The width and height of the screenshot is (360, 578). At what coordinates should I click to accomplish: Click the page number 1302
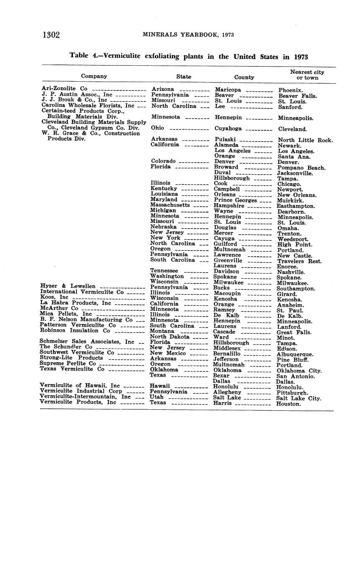click(x=51, y=35)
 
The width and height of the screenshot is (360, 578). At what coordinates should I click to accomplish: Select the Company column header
click(x=94, y=76)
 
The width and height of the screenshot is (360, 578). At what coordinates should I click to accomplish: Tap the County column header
click(x=244, y=77)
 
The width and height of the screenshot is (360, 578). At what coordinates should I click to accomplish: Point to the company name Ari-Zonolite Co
click(x=64, y=89)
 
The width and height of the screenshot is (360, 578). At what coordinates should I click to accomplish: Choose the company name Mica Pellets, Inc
click(x=66, y=313)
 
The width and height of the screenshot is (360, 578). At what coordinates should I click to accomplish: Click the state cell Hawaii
click(x=160, y=386)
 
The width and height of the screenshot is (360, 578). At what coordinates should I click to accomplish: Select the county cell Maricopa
click(x=228, y=90)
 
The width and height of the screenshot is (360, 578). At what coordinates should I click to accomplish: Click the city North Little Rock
click(x=305, y=140)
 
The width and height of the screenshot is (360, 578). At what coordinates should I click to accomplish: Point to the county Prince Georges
click(x=235, y=200)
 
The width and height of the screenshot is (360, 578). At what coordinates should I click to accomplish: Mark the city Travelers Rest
click(x=299, y=261)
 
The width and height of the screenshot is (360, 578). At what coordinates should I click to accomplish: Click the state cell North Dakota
click(x=170, y=337)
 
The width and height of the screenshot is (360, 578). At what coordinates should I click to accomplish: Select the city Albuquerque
click(x=295, y=354)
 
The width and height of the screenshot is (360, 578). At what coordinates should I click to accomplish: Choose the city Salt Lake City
click(x=299, y=398)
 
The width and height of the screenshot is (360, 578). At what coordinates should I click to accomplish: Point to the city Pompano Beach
click(x=301, y=168)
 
